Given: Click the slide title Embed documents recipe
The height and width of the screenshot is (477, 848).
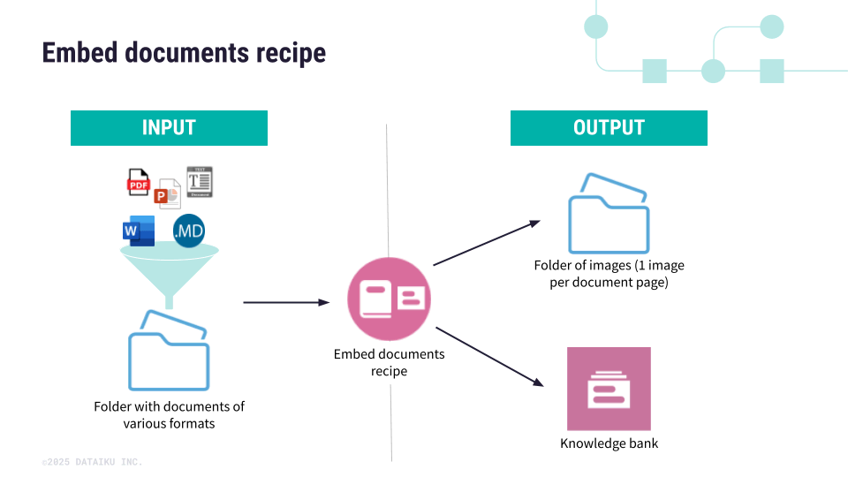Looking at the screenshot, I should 184,53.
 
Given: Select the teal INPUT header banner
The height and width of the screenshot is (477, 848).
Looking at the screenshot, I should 169,128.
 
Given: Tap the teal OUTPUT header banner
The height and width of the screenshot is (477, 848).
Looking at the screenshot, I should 609,128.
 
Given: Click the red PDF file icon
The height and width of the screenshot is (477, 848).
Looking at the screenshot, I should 139,182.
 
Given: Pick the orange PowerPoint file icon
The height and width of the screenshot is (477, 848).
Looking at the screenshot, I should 167,193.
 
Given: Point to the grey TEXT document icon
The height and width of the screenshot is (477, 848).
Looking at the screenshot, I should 200,181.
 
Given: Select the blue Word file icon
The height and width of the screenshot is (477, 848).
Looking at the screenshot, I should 139,231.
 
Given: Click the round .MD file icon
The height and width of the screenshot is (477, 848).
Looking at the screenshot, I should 189,231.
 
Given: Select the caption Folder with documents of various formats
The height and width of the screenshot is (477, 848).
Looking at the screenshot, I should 169,414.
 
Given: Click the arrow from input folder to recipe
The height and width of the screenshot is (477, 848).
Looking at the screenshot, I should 285,302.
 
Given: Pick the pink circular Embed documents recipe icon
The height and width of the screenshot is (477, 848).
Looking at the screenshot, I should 389,299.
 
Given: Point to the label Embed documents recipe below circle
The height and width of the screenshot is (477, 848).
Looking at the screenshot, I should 389,362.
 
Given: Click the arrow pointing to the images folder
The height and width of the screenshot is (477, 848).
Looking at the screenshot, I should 486,243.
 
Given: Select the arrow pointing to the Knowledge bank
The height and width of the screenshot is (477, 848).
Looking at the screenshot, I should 488,356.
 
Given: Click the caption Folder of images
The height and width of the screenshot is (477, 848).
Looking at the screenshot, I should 609,273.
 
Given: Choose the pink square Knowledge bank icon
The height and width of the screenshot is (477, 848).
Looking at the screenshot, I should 609,389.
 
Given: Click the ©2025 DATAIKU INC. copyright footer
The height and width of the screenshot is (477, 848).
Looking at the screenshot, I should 92,462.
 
